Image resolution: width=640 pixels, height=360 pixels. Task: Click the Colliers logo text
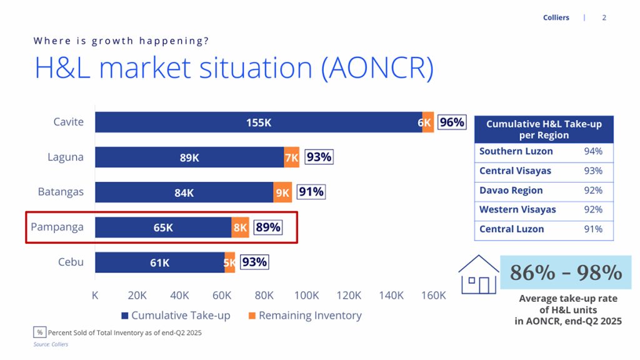coord(556,17)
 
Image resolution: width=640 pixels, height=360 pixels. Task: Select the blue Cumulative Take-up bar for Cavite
coord(258,122)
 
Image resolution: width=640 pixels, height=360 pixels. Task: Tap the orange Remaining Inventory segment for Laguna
coord(292,157)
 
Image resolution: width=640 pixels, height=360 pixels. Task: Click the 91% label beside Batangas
coord(311,192)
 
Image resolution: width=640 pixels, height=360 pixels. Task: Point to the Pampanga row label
coord(57,227)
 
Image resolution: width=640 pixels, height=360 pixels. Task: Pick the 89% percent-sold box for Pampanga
coord(268,227)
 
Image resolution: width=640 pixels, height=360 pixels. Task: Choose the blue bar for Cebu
coord(160,262)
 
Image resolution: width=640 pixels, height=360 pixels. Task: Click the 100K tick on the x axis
coord(306,296)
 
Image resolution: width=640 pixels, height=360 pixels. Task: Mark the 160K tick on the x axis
coord(433,296)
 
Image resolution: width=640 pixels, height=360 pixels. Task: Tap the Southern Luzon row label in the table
coord(516,151)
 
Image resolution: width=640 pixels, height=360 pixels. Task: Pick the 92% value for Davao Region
coord(592,190)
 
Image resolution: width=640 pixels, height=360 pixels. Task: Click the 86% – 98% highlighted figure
coord(566,272)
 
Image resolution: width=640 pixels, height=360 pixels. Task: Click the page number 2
coord(604,17)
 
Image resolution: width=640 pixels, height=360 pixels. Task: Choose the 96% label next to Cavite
coord(452,122)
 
